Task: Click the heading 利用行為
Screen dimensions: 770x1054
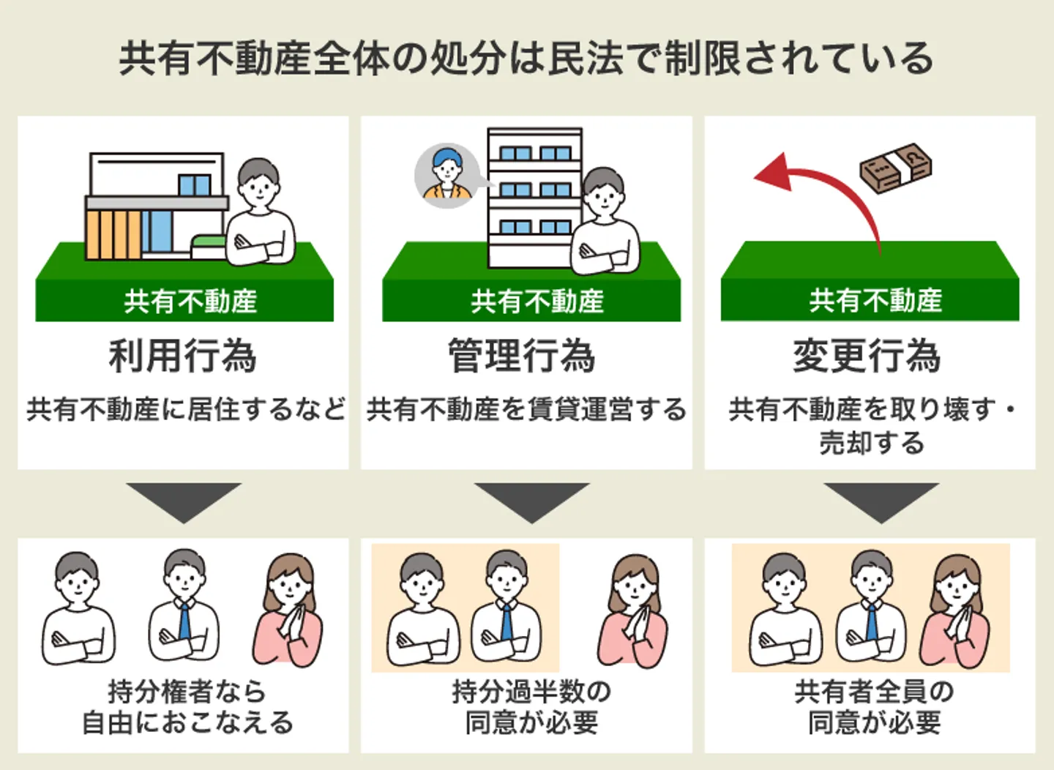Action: coord(183,356)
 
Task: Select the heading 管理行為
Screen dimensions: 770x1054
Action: coord(522,356)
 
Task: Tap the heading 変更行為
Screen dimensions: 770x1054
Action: coord(867,356)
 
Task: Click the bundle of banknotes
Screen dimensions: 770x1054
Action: coord(896,168)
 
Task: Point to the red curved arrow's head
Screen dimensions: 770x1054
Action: coord(772,173)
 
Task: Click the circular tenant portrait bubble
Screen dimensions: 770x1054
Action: coord(446,176)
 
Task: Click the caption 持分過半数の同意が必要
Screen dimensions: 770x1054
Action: coord(531,707)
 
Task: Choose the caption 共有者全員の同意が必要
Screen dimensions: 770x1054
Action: coord(874,707)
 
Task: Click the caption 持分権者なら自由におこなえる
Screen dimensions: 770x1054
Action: coord(187,707)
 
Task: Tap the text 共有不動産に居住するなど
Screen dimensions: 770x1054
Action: coord(186,409)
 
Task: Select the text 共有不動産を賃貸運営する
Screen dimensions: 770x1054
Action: coord(526,409)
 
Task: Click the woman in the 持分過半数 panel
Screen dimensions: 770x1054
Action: coord(633,611)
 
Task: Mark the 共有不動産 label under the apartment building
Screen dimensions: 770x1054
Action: coord(537,302)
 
